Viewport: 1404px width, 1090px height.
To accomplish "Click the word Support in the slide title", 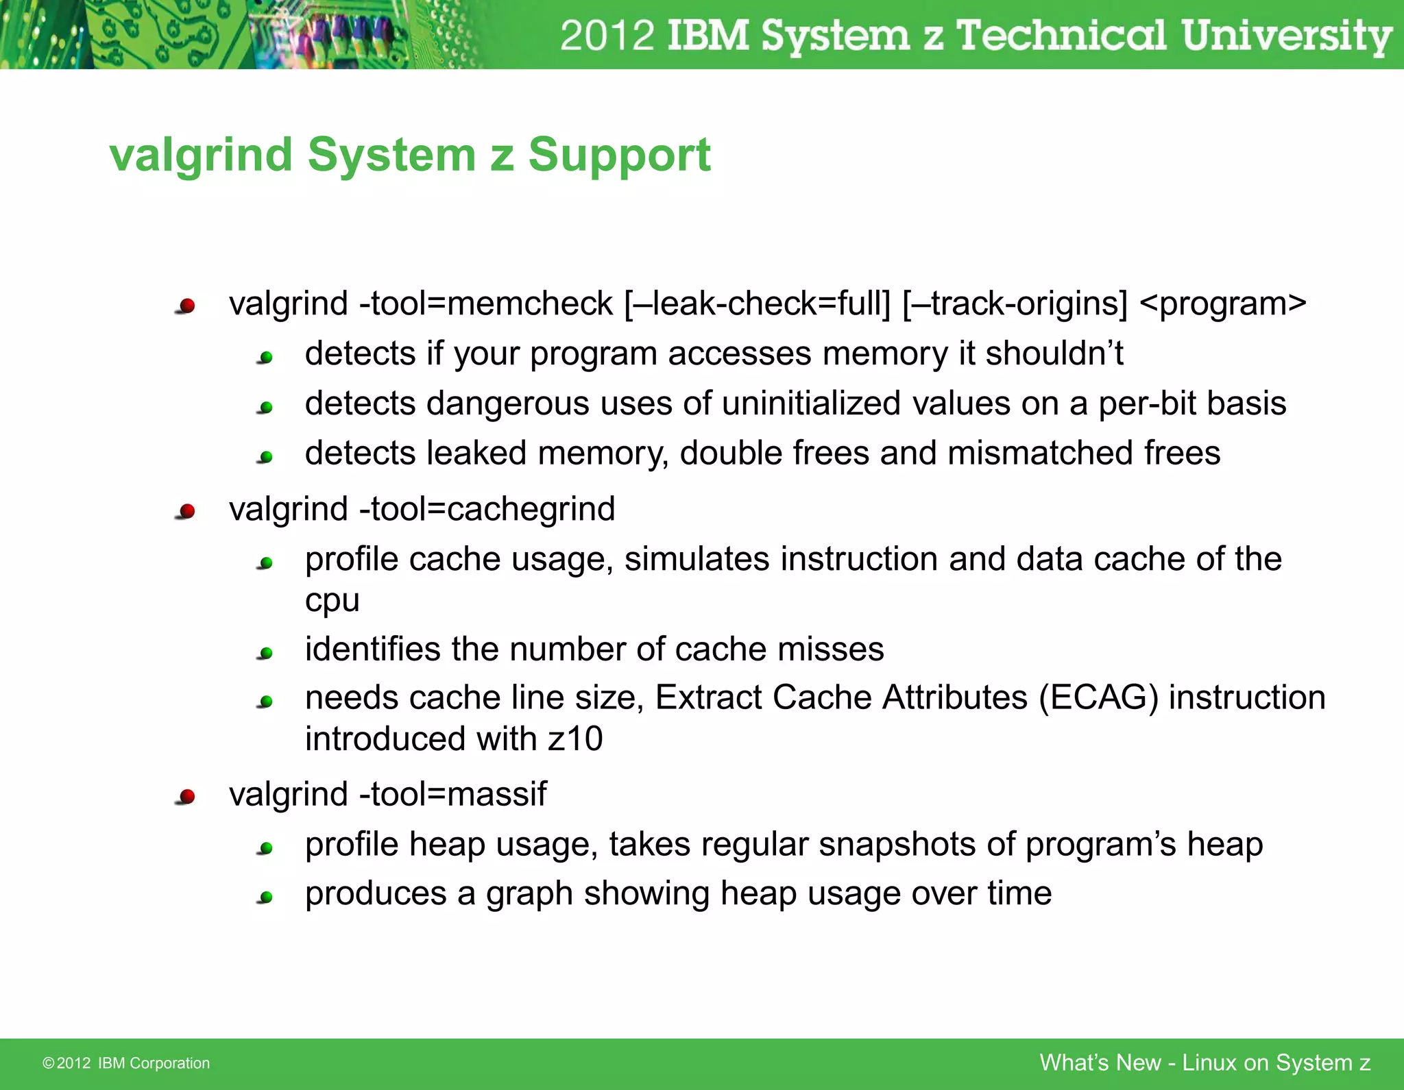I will [619, 156].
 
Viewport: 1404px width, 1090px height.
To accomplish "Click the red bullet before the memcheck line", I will [186, 306].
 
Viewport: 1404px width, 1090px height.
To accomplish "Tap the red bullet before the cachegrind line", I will [186, 511].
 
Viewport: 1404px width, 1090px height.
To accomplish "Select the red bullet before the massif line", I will [186, 796].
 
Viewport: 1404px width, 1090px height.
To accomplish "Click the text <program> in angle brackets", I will [1222, 304].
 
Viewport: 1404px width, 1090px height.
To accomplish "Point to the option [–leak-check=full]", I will [757, 304].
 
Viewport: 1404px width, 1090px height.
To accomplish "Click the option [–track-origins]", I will [1015, 304].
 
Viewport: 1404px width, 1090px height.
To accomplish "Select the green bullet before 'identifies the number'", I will [266, 653].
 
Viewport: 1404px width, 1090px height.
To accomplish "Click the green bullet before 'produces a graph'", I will [266, 897].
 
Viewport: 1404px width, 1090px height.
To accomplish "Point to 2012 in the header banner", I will [607, 35].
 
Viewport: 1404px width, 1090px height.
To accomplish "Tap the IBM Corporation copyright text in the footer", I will [126, 1063].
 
